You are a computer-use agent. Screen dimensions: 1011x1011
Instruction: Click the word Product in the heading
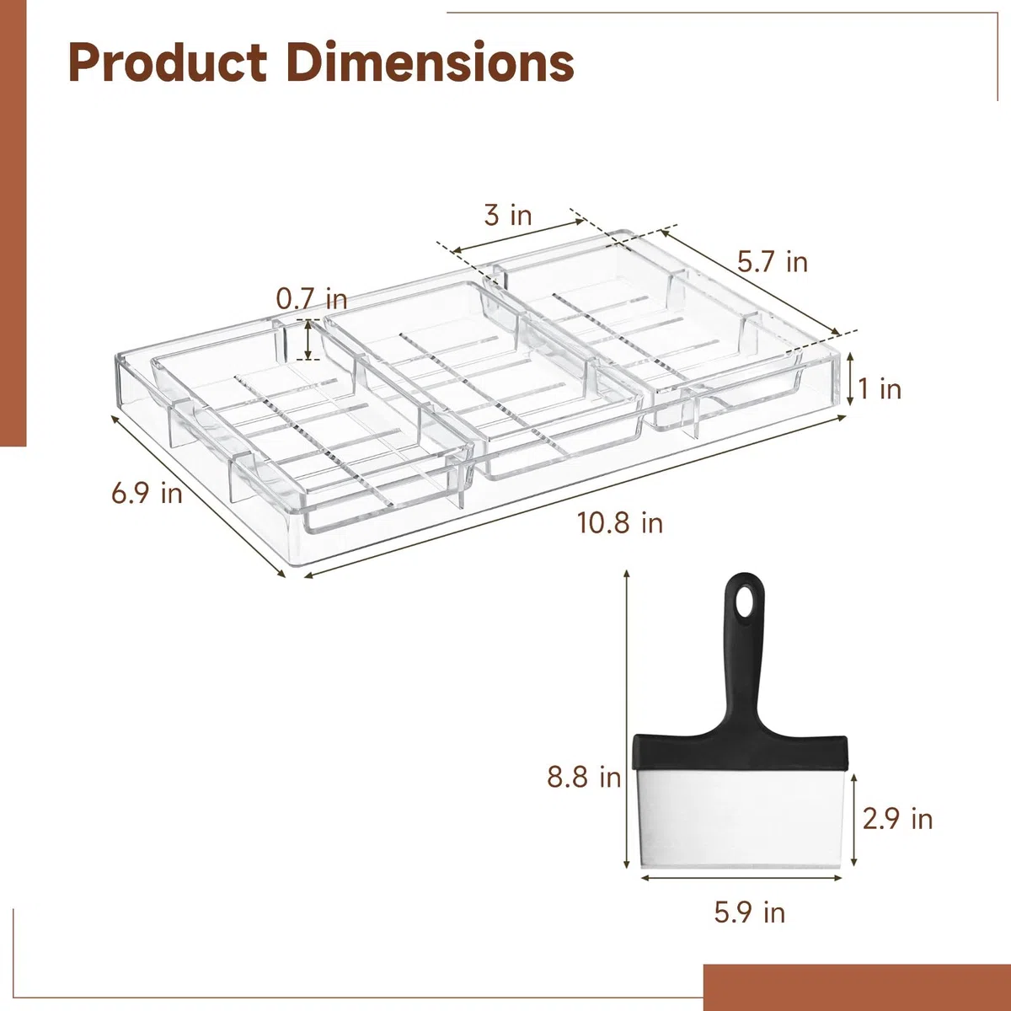coord(168,63)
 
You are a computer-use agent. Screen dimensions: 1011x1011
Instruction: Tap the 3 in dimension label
coord(508,215)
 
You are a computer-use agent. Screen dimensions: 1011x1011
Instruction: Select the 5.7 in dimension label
coord(773,262)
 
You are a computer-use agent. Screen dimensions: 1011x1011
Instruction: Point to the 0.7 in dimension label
coord(312,299)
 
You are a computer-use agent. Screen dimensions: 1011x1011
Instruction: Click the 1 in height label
coord(880,388)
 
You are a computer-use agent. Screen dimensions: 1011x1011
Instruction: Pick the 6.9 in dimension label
coord(147,494)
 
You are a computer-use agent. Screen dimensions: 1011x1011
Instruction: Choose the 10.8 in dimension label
coord(620,523)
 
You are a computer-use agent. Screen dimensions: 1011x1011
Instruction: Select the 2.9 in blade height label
coord(897,818)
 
